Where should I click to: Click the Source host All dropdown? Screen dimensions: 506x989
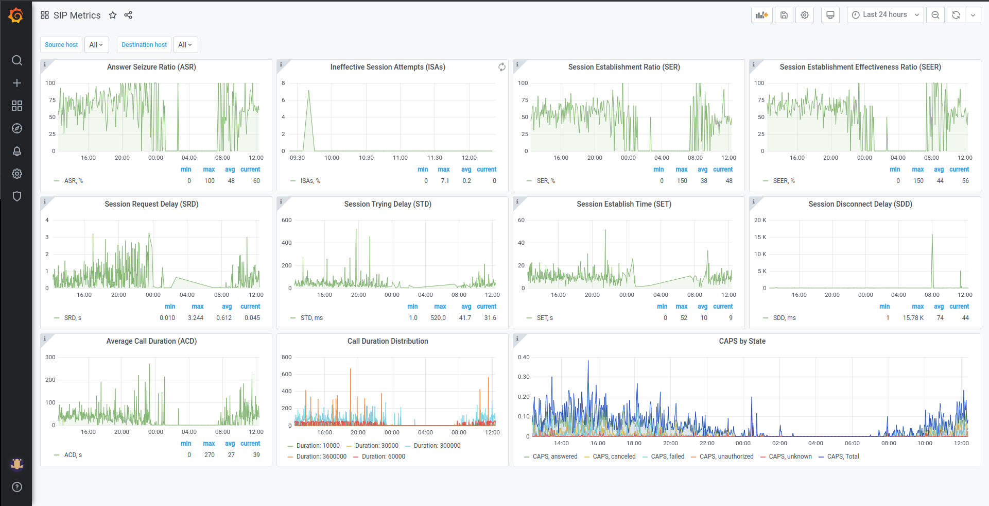pyautogui.click(x=96, y=45)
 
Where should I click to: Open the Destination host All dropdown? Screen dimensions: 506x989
pyautogui.click(x=185, y=45)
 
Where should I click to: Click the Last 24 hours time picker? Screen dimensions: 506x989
pyautogui.click(x=885, y=15)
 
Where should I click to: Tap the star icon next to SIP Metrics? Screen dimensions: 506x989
pyautogui.click(x=113, y=15)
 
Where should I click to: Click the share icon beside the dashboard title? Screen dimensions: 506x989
pyautogui.click(x=128, y=15)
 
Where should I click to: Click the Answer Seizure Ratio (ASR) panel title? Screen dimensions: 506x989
pyautogui.click(x=151, y=67)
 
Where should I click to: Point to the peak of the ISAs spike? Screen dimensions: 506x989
pyautogui.click(x=308, y=91)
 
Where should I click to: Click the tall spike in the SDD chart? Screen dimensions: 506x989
pyautogui.click(x=932, y=236)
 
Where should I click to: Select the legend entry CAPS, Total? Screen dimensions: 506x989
pyautogui.click(x=843, y=457)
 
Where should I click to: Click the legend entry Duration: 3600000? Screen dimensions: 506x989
pyautogui.click(x=321, y=457)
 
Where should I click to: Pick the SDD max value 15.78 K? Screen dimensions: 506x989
pyautogui.click(x=913, y=318)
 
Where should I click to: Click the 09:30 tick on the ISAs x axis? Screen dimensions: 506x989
pyautogui.click(x=297, y=158)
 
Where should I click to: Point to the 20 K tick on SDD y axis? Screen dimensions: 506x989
pyautogui.click(x=760, y=220)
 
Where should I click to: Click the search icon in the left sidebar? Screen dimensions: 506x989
pyautogui.click(x=17, y=60)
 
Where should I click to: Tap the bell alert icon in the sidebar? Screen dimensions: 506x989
pyautogui.click(x=17, y=151)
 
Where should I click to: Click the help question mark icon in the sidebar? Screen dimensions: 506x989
pyautogui.click(x=17, y=487)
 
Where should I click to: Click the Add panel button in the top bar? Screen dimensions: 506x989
pyautogui.click(x=761, y=15)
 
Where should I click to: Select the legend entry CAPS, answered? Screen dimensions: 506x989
pyautogui.click(x=554, y=457)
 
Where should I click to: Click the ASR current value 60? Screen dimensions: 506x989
pyautogui.click(x=256, y=181)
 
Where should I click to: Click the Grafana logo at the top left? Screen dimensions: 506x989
pyautogui.click(x=16, y=15)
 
